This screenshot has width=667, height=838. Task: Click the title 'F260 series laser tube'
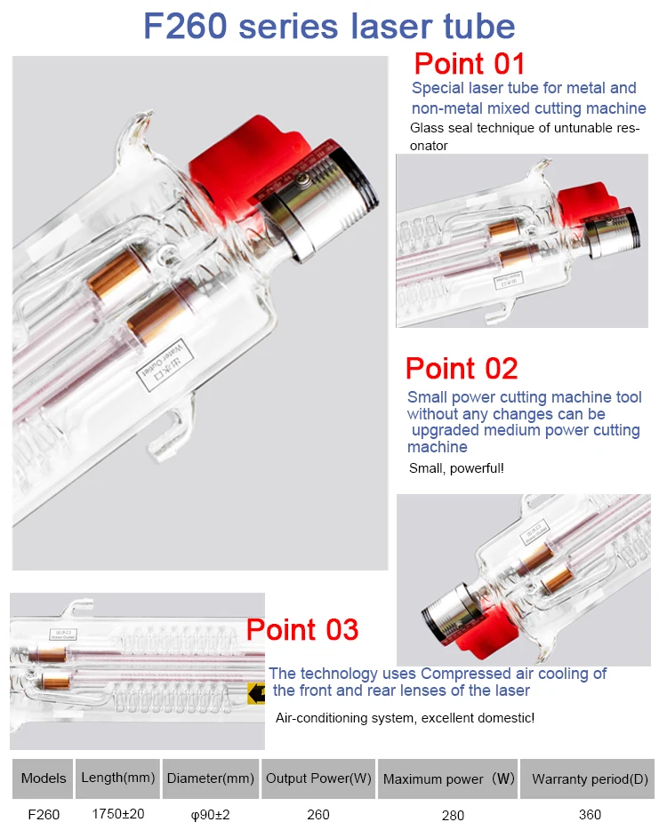click(x=329, y=26)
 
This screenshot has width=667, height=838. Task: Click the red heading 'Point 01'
click(x=469, y=64)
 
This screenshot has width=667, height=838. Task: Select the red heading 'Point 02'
click(x=462, y=368)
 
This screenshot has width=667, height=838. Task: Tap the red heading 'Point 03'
click(x=302, y=629)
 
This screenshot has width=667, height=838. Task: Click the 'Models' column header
click(x=44, y=778)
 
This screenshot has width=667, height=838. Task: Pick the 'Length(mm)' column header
click(x=117, y=778)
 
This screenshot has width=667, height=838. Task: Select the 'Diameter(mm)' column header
click(x=210, y=778)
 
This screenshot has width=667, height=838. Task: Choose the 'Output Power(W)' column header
click(x=318, y=778)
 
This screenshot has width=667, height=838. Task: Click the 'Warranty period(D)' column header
click(x=590, y=778)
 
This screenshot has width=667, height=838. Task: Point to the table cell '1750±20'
click(x=118, y=814)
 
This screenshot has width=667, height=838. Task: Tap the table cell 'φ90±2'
click(x=210, y=815)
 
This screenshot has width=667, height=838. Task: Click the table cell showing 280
click(x=453, y=816)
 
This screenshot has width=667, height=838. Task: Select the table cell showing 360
click(x=590, y=815)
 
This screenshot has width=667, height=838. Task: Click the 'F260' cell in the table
click(x=44, y=815)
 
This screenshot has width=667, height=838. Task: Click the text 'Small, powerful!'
click(x=456, y=468)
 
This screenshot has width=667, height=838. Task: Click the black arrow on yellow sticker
click(x=257, y=693)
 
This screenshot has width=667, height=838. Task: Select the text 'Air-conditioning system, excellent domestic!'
click(x=405, y=718)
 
